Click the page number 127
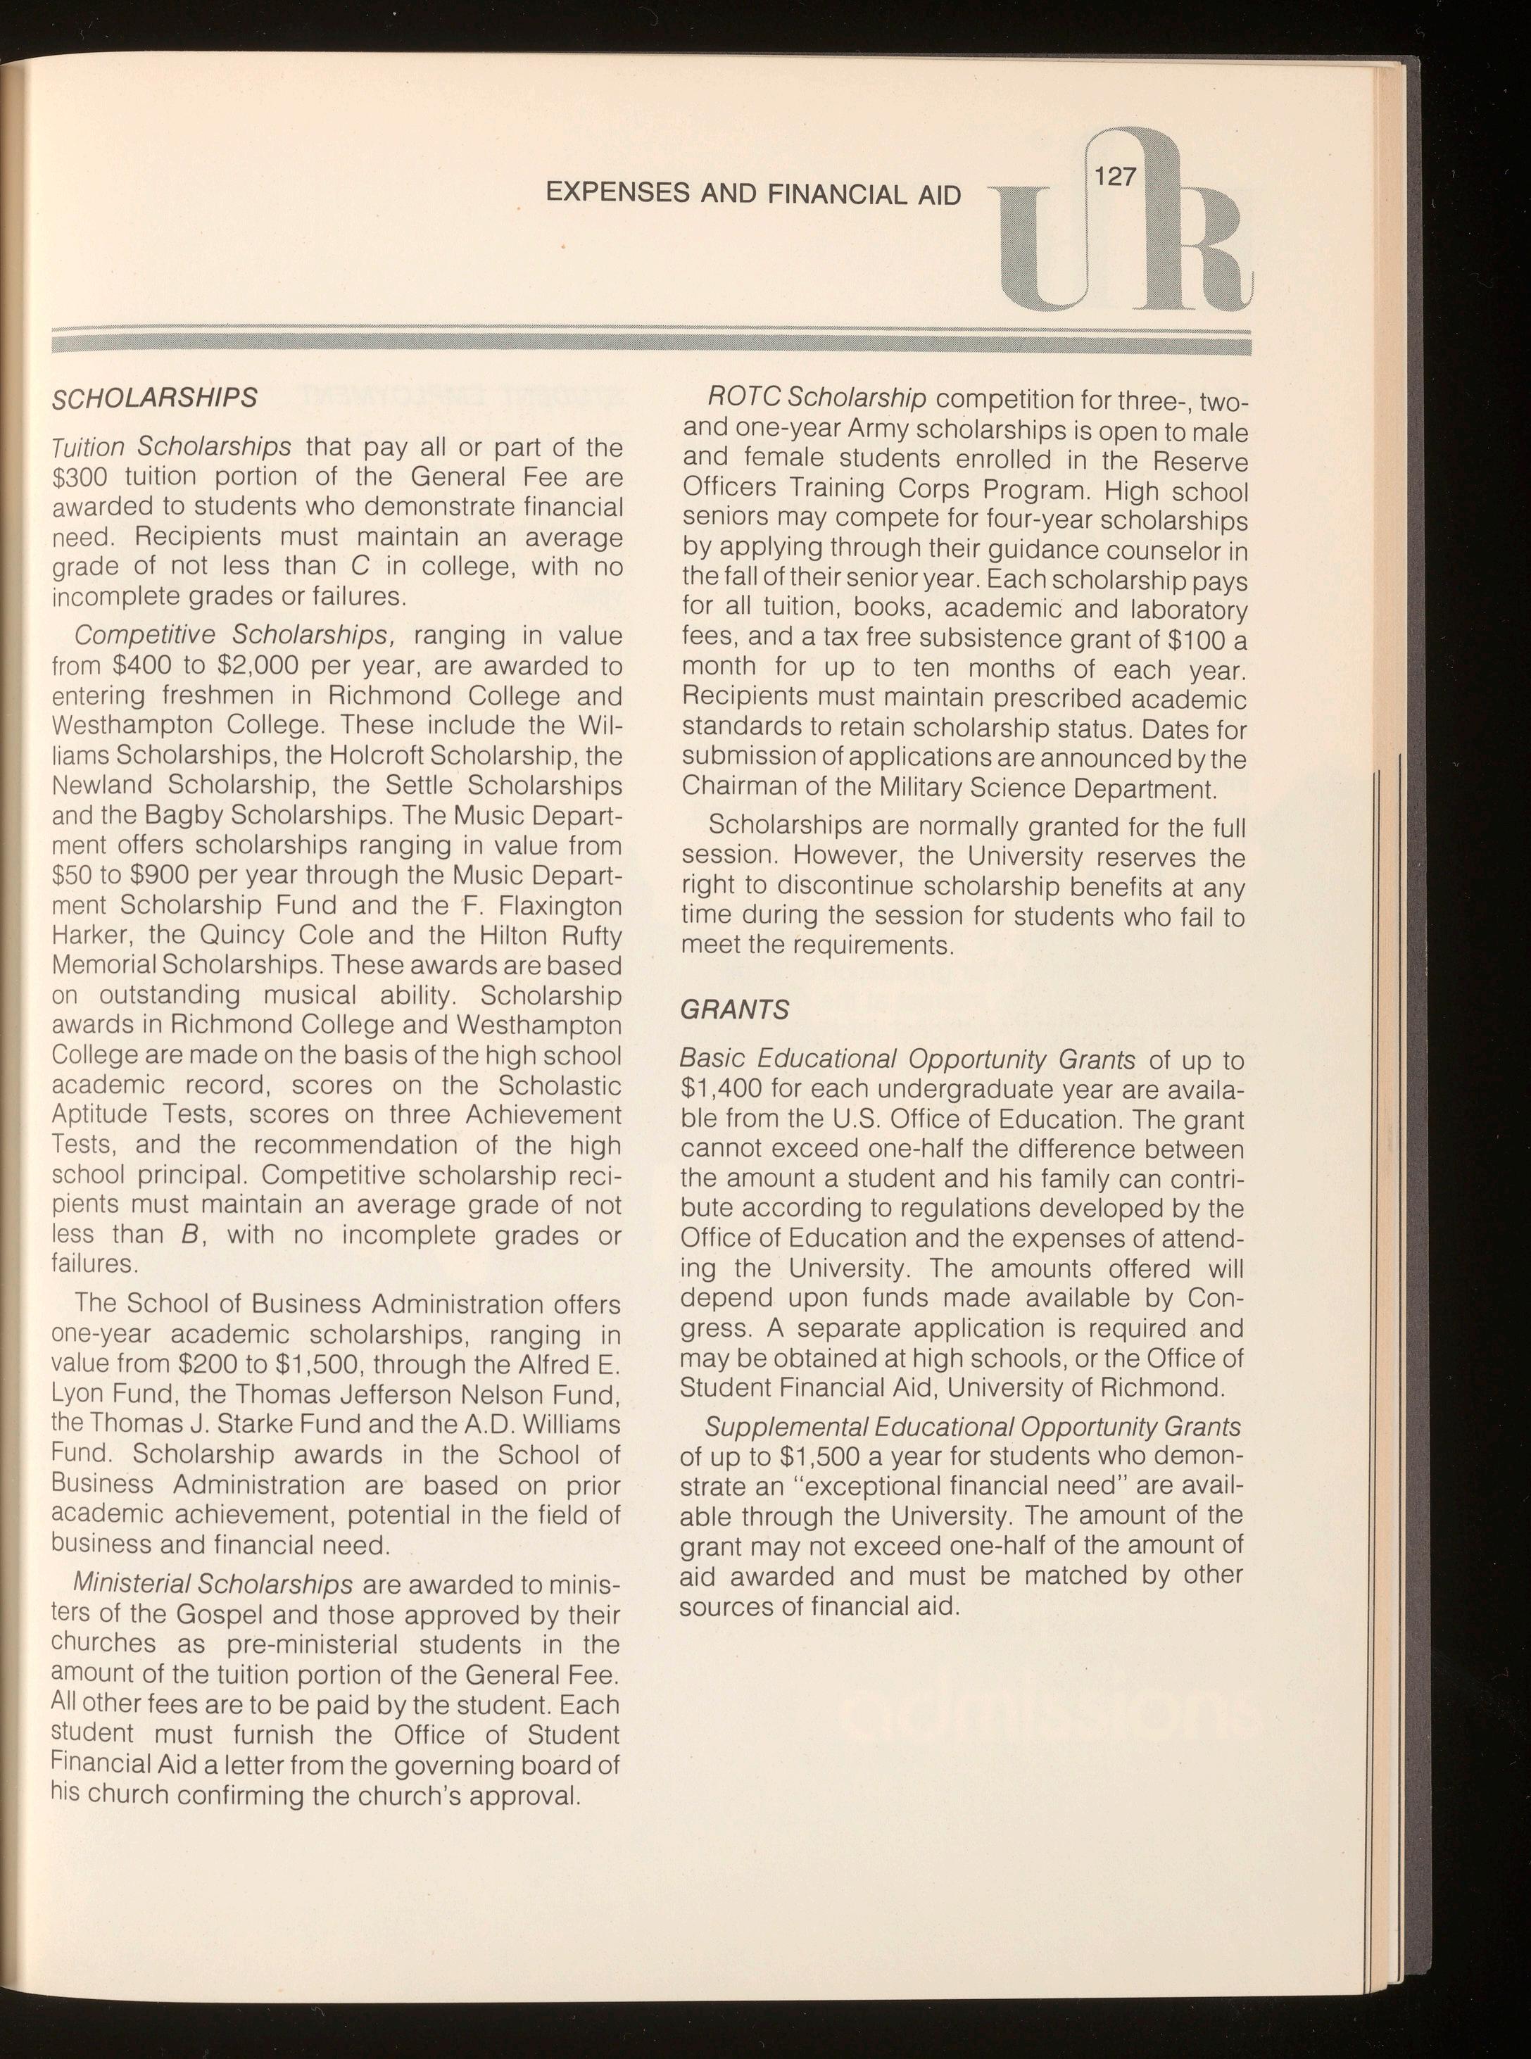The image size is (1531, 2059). click(1115, 175)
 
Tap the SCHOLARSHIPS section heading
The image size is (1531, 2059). click(154, 398)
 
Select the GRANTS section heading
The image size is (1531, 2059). click(734, 1009)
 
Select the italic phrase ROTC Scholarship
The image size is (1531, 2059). click(817, 398)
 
